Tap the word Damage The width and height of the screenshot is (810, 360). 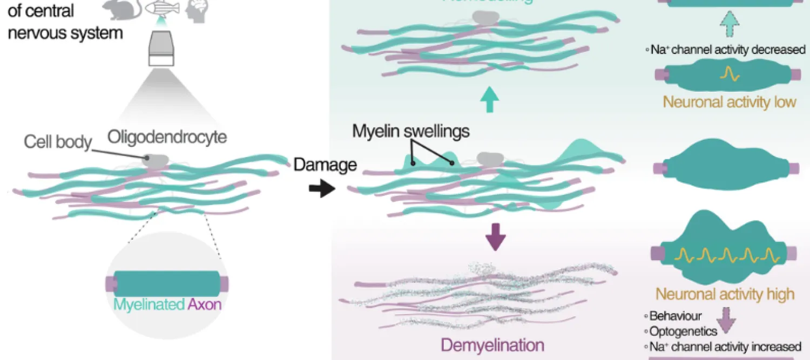point(325,164)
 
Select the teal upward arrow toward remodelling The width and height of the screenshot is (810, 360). point(490,100)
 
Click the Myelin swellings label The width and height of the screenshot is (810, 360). point(410,131)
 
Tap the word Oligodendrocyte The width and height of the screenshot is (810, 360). point(167,137)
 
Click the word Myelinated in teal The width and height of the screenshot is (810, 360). point(149,304)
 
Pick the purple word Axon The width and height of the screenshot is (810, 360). point(205,304)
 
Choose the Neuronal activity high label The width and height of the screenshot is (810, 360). point(725,294)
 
